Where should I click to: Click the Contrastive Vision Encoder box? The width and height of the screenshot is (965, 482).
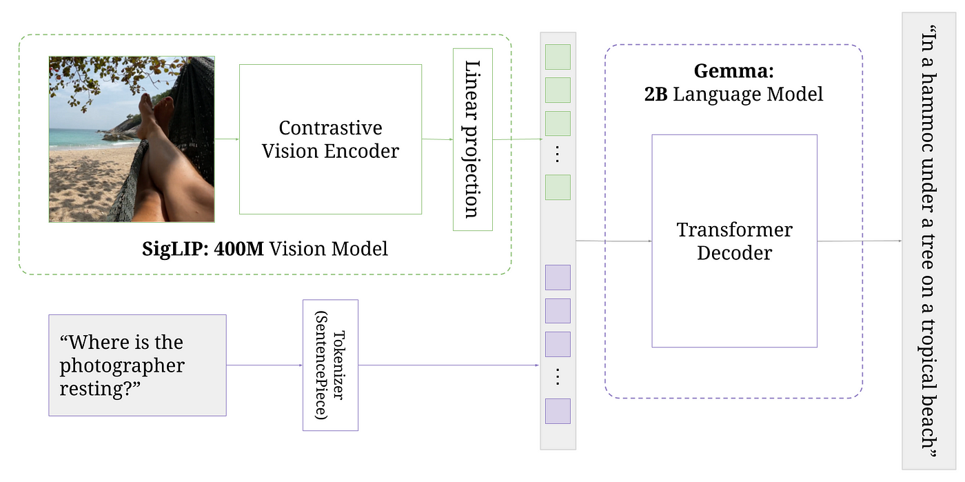[330, 139]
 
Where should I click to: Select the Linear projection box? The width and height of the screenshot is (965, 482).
[472, 139]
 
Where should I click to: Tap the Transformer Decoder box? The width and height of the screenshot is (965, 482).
[734, 241]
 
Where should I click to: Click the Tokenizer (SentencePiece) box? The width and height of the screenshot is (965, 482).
[330, 365]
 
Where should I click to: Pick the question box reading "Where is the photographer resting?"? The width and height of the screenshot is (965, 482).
[137, 365]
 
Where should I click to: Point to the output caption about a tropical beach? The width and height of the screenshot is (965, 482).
[930, 241]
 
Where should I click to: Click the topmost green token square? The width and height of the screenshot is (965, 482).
[558, 57]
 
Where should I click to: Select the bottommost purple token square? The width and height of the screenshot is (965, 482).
[558, 411]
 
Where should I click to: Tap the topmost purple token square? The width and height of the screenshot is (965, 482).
[558, 277]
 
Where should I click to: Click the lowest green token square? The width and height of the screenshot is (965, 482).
[558, 187]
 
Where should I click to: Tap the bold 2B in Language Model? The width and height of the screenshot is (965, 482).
[656, 94]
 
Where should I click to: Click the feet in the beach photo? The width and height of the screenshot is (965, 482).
[154, 110]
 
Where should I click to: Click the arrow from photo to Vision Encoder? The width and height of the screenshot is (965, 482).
[227, 139]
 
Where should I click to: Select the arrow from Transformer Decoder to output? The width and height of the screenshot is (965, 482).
[858, 241]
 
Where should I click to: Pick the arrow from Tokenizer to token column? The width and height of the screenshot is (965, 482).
[448, 365]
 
